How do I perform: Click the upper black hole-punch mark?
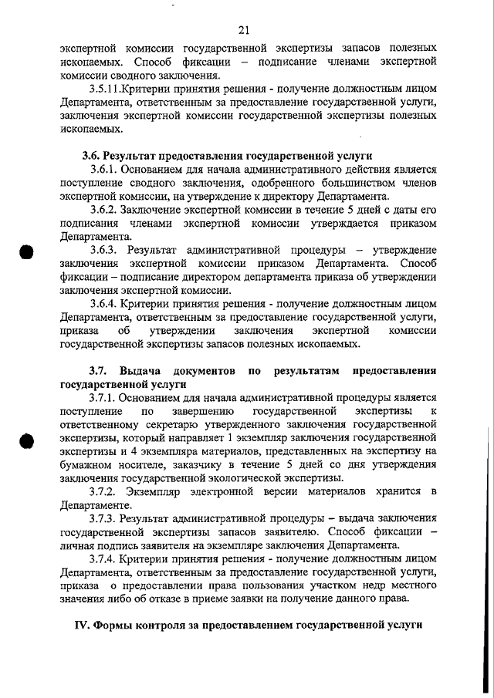coord(26,254)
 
